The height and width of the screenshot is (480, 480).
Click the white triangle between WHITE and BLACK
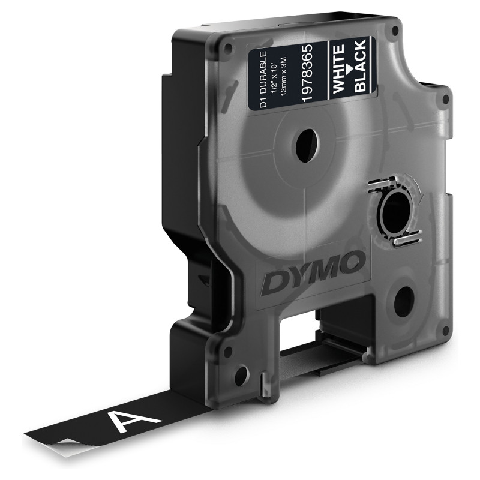(x=349, y=67)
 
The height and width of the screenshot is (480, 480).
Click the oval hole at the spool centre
(x=306, y=145)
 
